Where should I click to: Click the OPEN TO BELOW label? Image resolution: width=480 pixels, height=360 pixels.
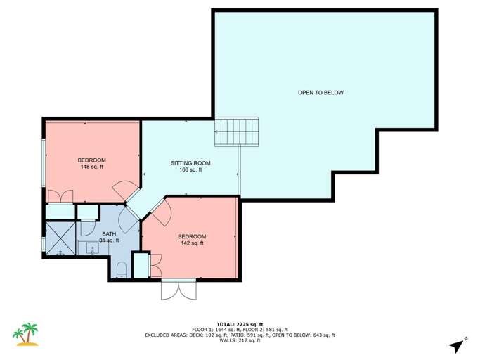[x=320, y=93]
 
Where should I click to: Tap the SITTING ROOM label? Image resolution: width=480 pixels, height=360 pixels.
[x=190, y=163]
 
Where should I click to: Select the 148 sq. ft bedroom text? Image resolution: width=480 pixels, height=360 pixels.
[x=92, y=167]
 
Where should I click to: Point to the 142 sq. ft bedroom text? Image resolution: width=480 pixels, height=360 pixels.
[x=192, y=243]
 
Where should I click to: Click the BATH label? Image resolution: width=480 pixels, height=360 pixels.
[x=109, y=233]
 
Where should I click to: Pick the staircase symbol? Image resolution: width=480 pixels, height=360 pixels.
[x=236, y=131]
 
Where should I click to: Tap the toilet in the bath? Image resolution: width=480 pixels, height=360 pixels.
[x=121, y=269]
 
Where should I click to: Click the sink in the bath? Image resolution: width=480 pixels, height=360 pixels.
[x=92, y=247]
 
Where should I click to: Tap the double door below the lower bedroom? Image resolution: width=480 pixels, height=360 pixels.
[x=178, y=288]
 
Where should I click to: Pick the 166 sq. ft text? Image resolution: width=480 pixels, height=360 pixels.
[x=190, y=170]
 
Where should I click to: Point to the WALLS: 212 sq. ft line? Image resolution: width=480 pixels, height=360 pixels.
[x=240, y=341]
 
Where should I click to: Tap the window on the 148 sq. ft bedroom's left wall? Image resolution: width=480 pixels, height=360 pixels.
[x=44, y=162]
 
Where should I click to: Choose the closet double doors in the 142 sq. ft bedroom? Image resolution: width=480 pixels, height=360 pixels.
[x=155, y=266]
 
